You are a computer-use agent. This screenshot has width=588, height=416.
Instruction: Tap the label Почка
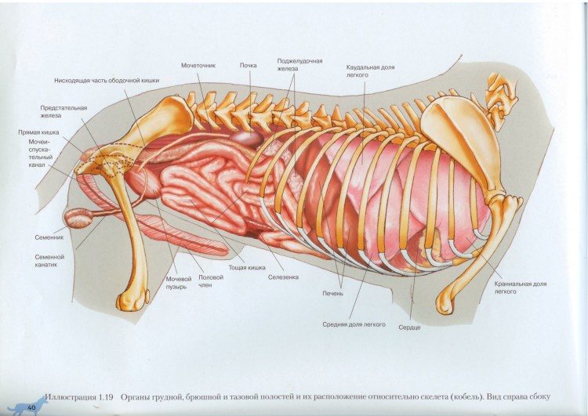[248, 65]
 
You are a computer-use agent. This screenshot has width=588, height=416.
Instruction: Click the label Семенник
[49, 235]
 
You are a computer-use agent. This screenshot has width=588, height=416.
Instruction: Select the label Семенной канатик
[49, 259]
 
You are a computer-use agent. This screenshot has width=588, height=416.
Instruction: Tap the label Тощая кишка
[246, 267]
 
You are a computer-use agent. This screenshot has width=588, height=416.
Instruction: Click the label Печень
[332, 294]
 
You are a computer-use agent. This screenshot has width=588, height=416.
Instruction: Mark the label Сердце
[409, 327]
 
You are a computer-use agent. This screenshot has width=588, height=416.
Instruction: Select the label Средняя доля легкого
[354, 324]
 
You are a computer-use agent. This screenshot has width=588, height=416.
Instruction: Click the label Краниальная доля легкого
[520, 288]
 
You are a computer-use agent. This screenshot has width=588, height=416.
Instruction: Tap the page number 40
[32, 407]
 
